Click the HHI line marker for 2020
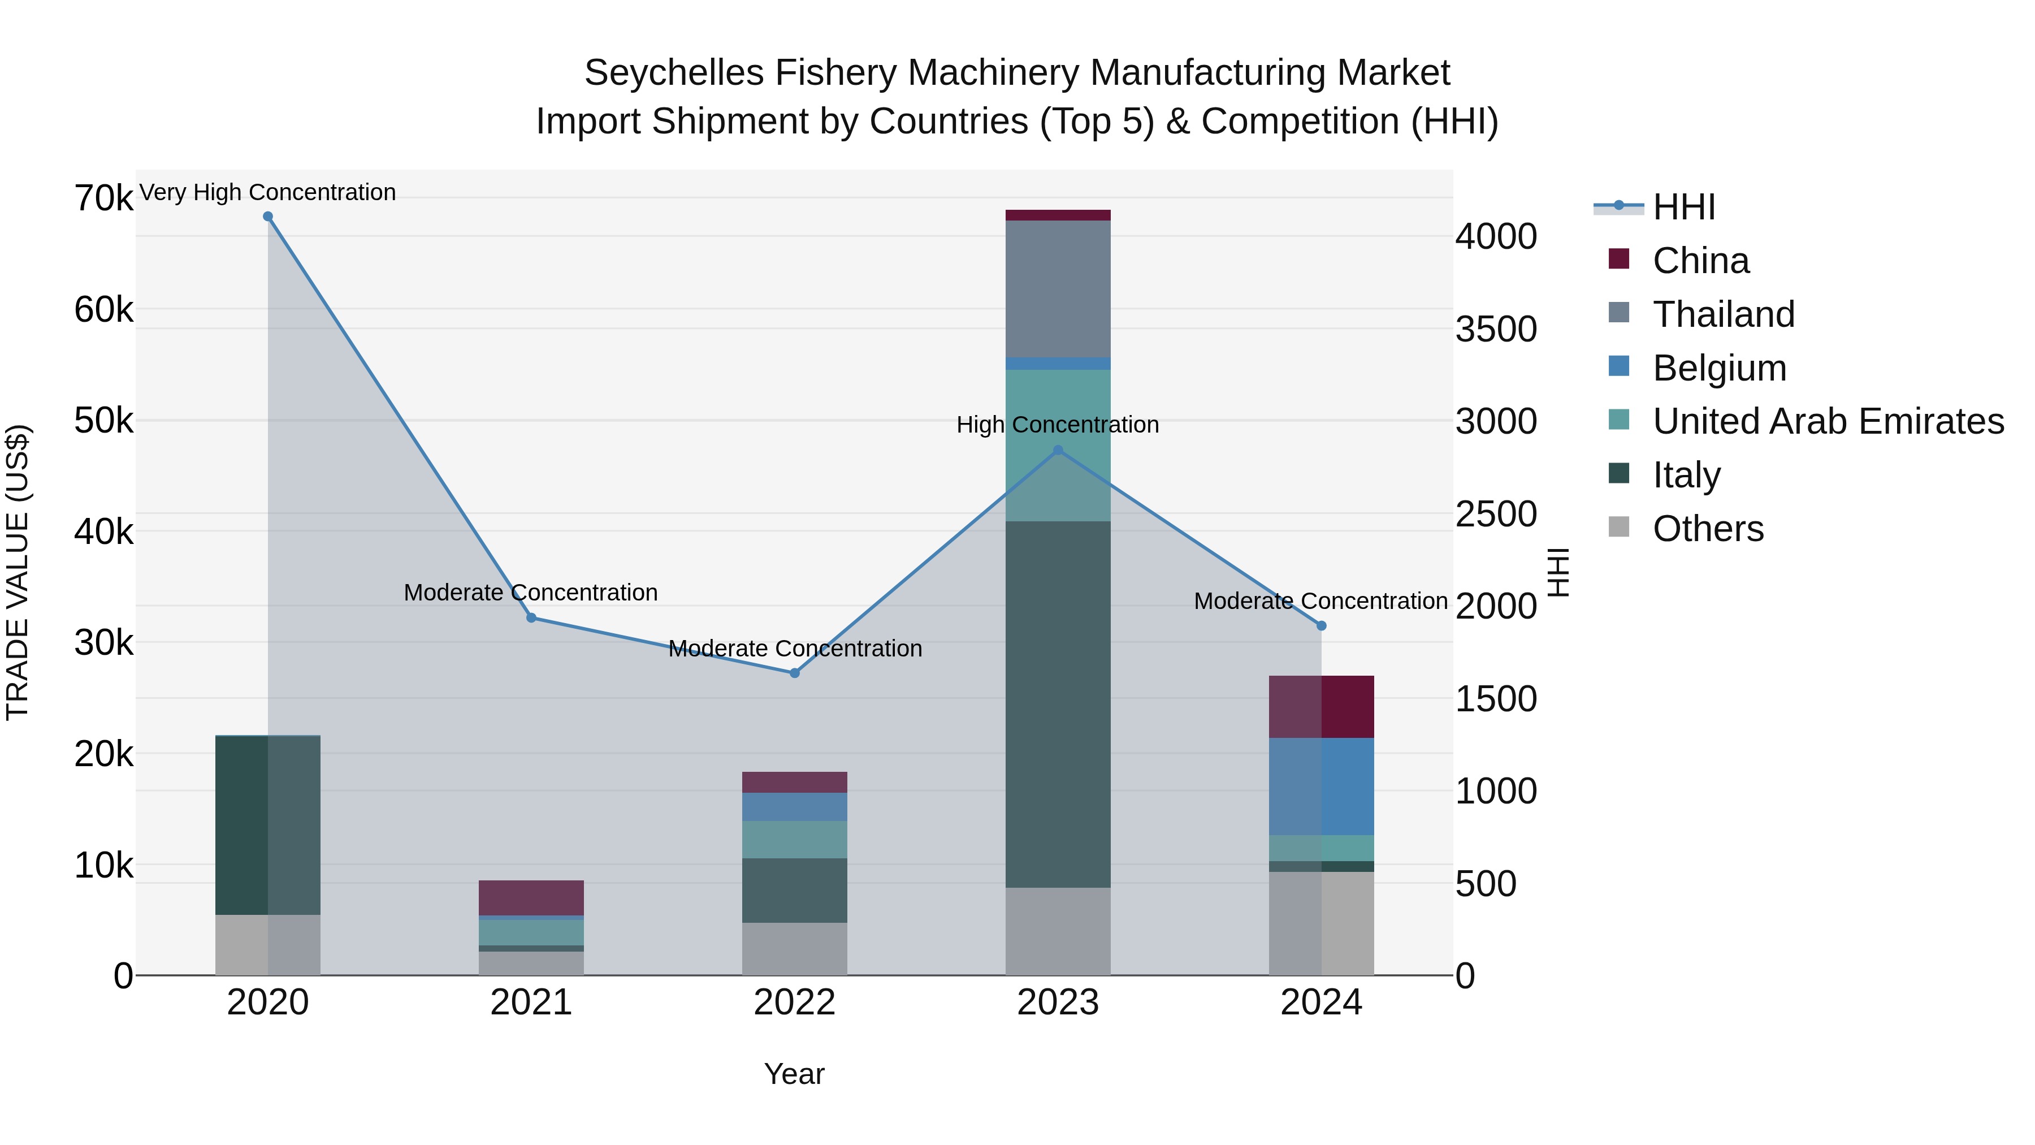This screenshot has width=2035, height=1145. tap(268, 217)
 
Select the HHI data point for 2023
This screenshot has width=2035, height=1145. tap(1058, 451)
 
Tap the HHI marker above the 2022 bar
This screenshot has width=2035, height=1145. tap(795, 673)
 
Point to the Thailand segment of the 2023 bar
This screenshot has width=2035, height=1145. tap(1058, 288)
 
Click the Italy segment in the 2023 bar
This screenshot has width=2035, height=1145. tap(1058, 703)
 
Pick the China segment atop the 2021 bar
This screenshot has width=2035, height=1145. tap(531, 898)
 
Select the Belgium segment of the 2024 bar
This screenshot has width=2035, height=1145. tap(1321, 787)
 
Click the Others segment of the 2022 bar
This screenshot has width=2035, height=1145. tap(795, 948)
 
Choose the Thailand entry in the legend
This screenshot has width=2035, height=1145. tap(1723, 314)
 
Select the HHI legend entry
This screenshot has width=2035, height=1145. tap(1683, 207)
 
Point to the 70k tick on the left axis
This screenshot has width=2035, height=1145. tap(103, 198)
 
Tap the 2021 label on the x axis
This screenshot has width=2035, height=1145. tap(531, 1003)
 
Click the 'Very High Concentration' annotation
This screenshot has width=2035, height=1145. tap(268, 193)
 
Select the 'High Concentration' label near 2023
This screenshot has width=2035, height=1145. tap(1058, 425)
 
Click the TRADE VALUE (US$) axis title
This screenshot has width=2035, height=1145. tap(18, 572)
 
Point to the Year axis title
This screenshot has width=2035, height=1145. tap(794, 1074)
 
